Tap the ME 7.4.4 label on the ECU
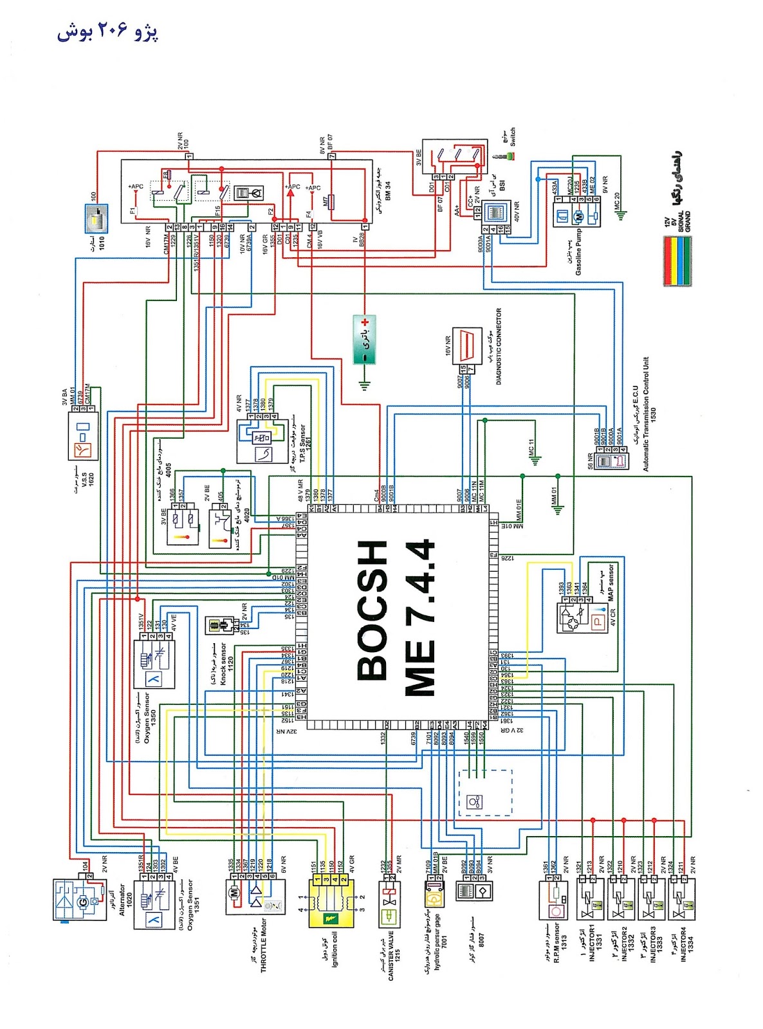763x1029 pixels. (421, 617)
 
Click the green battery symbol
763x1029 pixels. (364, 339)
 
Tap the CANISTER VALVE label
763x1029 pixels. (391, 952)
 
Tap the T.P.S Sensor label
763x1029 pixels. (303, 442)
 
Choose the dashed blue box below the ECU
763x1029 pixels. (485, 792)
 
